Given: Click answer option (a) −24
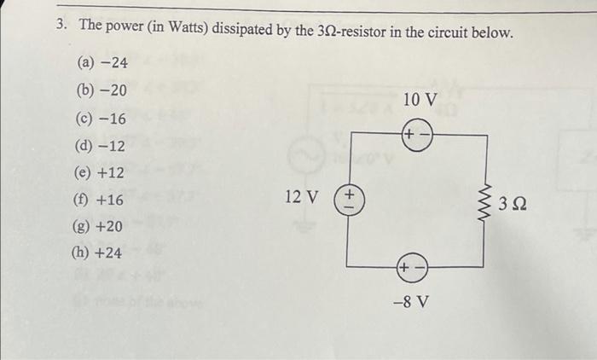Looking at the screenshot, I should click(101, 62).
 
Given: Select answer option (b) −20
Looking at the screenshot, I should click(101, 90).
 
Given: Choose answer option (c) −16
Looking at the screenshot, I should click(101, 118).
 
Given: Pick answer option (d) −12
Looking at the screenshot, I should click(101, 145).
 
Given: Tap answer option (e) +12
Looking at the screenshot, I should click(101, 173).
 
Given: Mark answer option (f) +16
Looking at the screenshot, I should click(101, 200).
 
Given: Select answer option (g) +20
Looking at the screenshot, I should click(101, 226).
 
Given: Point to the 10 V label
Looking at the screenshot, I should click(420, 100).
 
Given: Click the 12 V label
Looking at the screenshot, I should click(301, 198).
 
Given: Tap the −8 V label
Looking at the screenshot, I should click(412, 302).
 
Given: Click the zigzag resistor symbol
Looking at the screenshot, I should click(486, 204).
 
